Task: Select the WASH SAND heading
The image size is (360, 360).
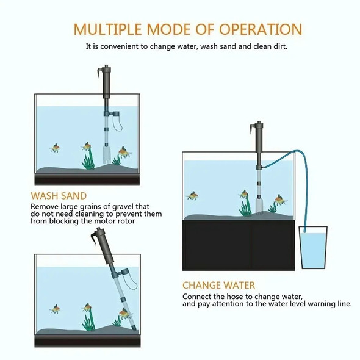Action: [59, 196]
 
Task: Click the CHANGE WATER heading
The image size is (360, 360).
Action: [218, 285]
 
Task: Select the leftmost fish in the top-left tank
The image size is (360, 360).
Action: [56, 148]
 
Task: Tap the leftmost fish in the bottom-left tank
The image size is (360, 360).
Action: [56, 309]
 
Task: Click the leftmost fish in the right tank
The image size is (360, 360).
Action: [193, 196]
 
